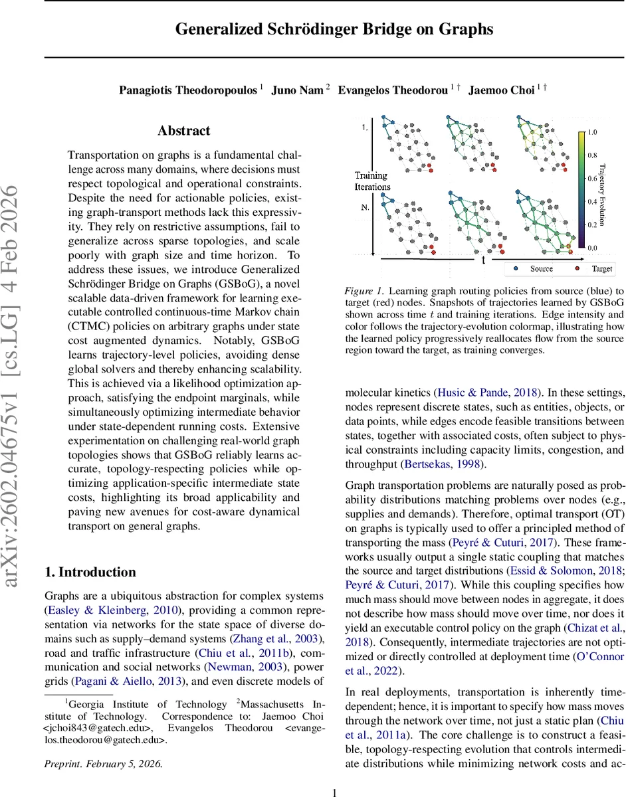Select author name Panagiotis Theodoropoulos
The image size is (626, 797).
pos(189,91)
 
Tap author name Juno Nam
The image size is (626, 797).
pos(297,91)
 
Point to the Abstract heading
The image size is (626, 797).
pos(184,131)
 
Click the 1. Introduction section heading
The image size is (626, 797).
pos(90,572)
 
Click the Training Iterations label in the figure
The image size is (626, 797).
pos(372,181)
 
